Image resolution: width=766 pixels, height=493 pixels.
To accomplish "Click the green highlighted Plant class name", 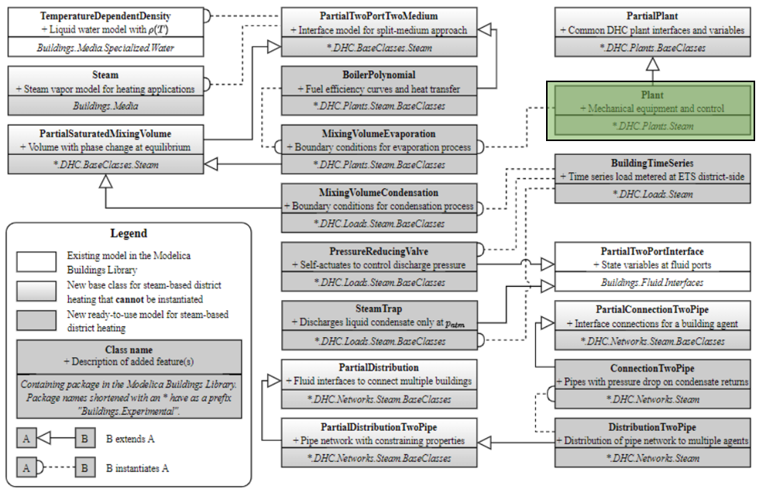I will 651,94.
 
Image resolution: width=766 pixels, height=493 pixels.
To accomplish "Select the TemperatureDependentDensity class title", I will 105,16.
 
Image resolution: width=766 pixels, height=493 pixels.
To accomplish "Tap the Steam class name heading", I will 105,75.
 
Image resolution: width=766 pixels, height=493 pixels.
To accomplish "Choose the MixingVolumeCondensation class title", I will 378,192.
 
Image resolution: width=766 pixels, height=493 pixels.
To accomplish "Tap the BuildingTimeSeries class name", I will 652,164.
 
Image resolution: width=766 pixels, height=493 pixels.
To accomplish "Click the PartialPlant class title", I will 652,16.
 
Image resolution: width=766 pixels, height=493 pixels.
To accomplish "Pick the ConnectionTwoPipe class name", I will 652,368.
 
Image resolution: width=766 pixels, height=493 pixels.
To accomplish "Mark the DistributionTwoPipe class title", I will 652,427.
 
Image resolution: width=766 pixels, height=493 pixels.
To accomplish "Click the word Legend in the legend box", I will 129,233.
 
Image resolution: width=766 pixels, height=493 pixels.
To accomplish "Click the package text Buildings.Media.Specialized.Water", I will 105,47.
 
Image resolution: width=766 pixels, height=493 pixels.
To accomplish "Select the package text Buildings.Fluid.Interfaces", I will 652,283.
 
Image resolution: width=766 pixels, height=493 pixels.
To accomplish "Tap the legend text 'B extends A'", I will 130,439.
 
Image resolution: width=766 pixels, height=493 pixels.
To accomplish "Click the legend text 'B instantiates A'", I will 138,468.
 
